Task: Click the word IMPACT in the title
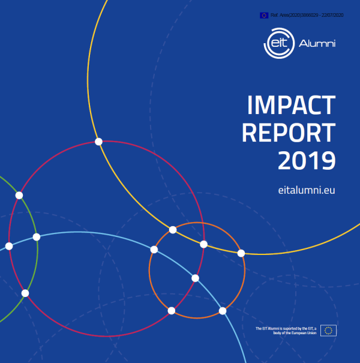pyautogui.click(x=291, y=106)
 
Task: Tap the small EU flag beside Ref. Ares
pyautogui.click(x=264, y=15)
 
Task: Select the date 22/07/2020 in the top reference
pyautogui.click(x=333, y=15)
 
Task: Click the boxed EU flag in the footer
pyautogui.click(x=328, y=330)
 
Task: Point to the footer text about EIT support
pyautogui.click(x=286, y=330)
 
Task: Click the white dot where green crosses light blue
pyautogui.click(x=37, y=237)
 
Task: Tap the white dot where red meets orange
pyautogui.click(x=172, y=310)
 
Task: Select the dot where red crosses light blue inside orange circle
pyautogui.click(x=195, y=278)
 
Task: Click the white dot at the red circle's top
pyautogui.click(x=99, y=142)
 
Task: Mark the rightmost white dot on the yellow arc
pyautogui.click(x=241, y=253)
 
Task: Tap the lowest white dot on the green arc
pyautogui.click(x=25, y=293)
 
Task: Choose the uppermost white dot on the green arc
pyautogui.click(x=19, y=196)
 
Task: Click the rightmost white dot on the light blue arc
pyautogui.click(x=223, y=311)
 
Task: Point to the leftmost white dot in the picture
pyautogui.click(x=9, y=246)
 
